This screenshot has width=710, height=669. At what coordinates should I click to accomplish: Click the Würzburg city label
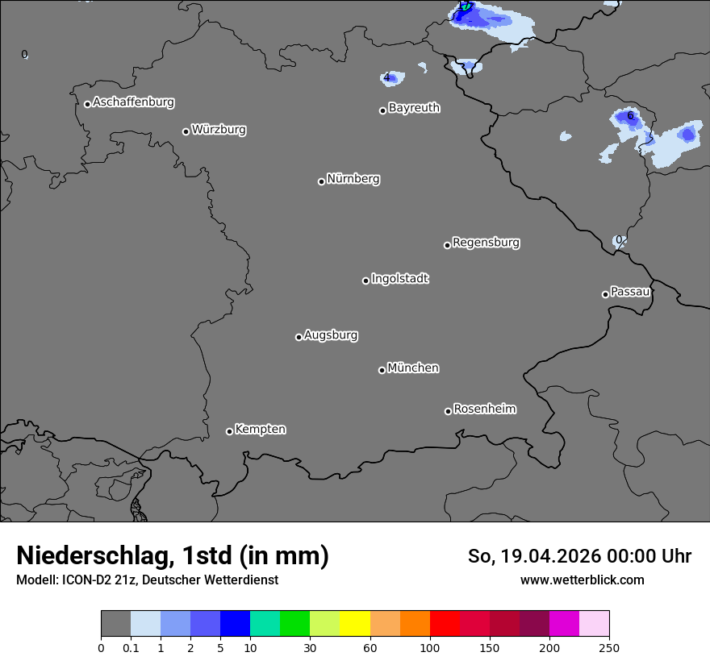[x=219, y=130]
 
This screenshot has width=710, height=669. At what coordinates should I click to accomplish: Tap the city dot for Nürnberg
[x=321, y=181]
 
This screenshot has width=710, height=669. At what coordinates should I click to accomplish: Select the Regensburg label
[x=486, y=243]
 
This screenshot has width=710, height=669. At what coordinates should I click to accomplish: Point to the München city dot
[x=382, y=370]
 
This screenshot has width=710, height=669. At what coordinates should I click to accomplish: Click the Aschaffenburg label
[x=133, y=102]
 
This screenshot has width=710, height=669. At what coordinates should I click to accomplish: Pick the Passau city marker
[x=605, y=294]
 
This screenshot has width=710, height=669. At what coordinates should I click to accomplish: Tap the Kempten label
[x=260, y=430]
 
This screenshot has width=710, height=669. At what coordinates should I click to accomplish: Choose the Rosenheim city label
[x=484, y=409]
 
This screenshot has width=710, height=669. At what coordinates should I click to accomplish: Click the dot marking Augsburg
[x=299, y=337]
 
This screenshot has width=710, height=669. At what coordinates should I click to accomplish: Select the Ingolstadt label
[x=399, y=279]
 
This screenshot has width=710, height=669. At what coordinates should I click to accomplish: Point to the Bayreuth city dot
[x=382, y=110]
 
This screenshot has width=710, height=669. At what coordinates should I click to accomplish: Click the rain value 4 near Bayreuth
[x=387, y=78]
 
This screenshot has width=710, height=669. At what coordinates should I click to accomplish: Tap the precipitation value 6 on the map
[x=630, y=116]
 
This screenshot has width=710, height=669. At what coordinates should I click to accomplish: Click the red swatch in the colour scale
[x=445, y=624]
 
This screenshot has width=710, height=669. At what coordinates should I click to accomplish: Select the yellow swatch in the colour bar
[x=355, y=624]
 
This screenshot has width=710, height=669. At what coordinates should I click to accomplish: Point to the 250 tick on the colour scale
[x=609, y=647]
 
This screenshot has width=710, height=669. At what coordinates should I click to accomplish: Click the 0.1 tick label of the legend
[x=130, y=647]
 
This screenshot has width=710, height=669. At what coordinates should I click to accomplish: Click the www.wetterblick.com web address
[x=583, y=580]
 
